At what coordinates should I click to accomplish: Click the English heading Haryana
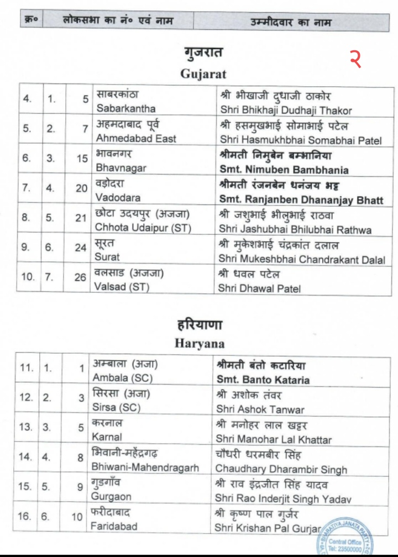coord(200,344)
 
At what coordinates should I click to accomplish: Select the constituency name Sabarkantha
coord(125,108)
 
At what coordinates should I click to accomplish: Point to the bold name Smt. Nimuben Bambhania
coord(284,169)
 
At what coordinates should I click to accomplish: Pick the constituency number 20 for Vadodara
coord(82,189)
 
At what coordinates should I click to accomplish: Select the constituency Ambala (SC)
coord(122,379)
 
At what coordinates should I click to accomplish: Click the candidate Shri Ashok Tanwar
coord(260,409)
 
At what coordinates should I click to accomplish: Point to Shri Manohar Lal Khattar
coord(274,439)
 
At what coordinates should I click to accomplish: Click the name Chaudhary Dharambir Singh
coord(281,469)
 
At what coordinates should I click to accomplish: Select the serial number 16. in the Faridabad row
coord(24,517)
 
